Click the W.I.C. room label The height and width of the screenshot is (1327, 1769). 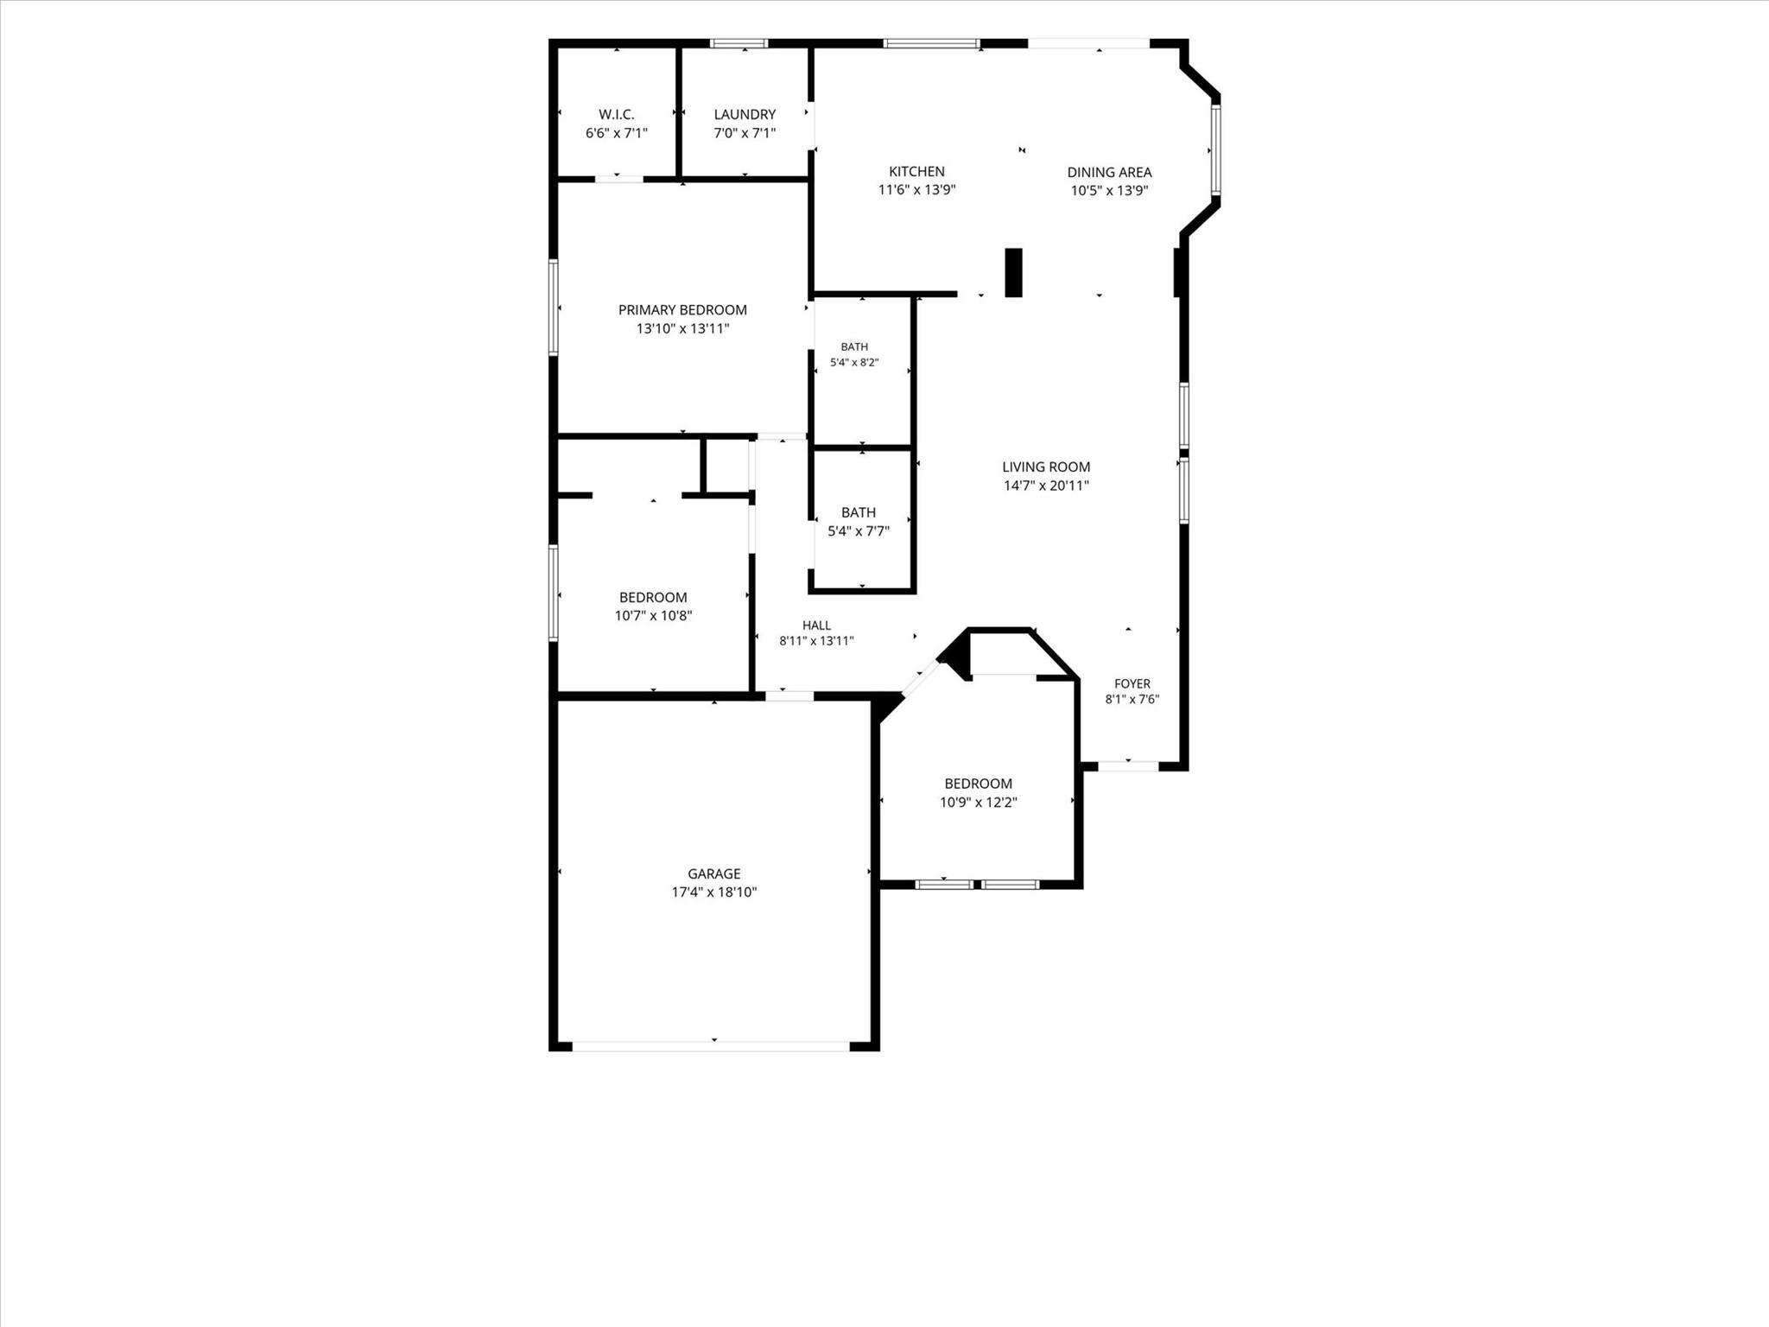[617, 114]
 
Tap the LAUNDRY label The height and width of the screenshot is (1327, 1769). [745, 114]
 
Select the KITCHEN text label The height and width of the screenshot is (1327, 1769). [916, 171]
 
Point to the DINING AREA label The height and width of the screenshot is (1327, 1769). [1109, 172]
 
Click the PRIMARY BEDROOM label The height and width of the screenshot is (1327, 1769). [682, 309]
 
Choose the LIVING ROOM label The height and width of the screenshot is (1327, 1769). [1046, 467]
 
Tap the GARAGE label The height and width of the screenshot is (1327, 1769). [714, 873]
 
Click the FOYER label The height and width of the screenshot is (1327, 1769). [1132, 683]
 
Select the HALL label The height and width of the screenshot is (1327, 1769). [816, 625]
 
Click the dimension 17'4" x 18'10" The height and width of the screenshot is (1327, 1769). [714, 892]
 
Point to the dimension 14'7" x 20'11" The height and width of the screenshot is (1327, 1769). [1046, 486]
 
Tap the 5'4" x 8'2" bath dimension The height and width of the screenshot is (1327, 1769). [854, 363]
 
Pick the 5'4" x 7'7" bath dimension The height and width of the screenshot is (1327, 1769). [859, 531]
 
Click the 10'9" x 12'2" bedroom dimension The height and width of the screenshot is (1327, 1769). [979, 803]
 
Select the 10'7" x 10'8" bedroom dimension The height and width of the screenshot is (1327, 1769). [653, 616]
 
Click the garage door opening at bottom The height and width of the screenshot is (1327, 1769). [712, 1046]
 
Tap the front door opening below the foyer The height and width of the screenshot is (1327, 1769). [1128, 765]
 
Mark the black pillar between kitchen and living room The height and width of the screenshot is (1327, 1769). [1013, 273]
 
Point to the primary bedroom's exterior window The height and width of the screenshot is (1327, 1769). [553, 308]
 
